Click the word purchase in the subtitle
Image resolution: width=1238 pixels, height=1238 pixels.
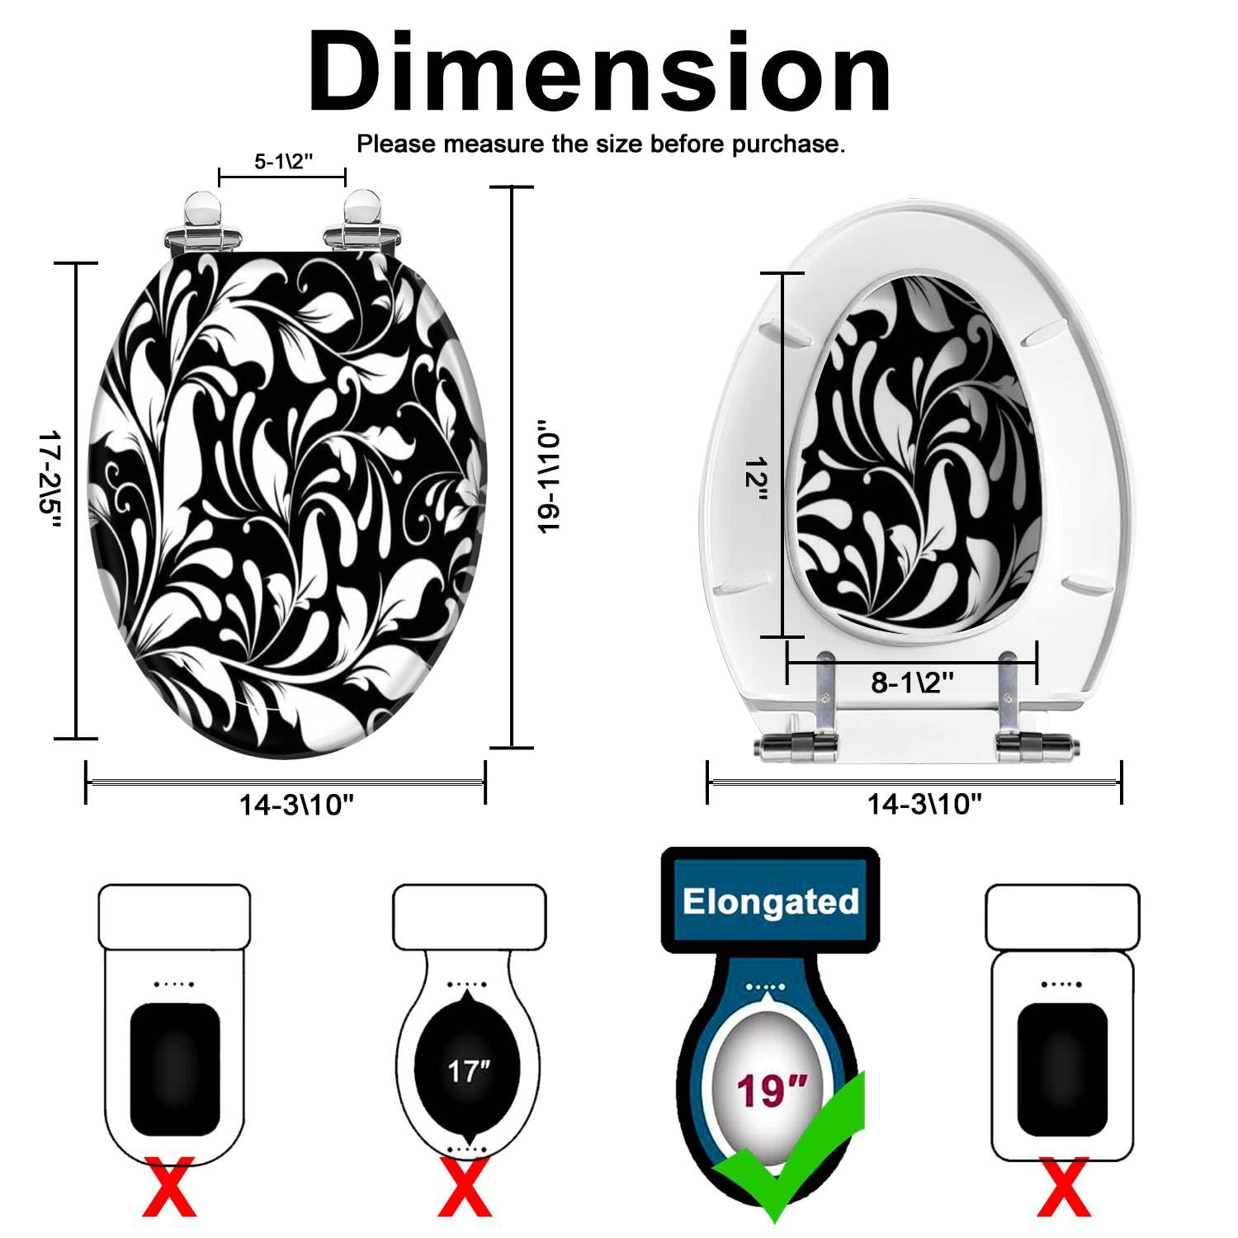772,144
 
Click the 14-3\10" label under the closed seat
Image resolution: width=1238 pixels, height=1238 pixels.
296,805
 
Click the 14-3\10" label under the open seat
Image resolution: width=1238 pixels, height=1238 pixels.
924,803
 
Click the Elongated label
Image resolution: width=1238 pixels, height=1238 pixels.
770,901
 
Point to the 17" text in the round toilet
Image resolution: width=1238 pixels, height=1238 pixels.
468,1071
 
